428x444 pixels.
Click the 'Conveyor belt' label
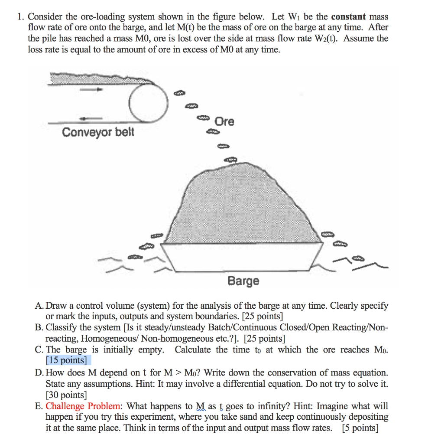(98, 131)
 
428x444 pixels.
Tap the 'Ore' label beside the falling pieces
(224, 122)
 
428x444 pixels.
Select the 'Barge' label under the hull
(243, 281)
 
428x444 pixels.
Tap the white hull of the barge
(243, 258)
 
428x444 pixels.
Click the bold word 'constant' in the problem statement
(349, 17)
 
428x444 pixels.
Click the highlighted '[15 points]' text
(66, 360)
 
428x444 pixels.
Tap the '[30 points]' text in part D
(66, 395)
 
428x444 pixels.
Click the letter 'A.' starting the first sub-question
(39, 306)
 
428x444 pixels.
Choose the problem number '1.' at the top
(20, 17)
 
